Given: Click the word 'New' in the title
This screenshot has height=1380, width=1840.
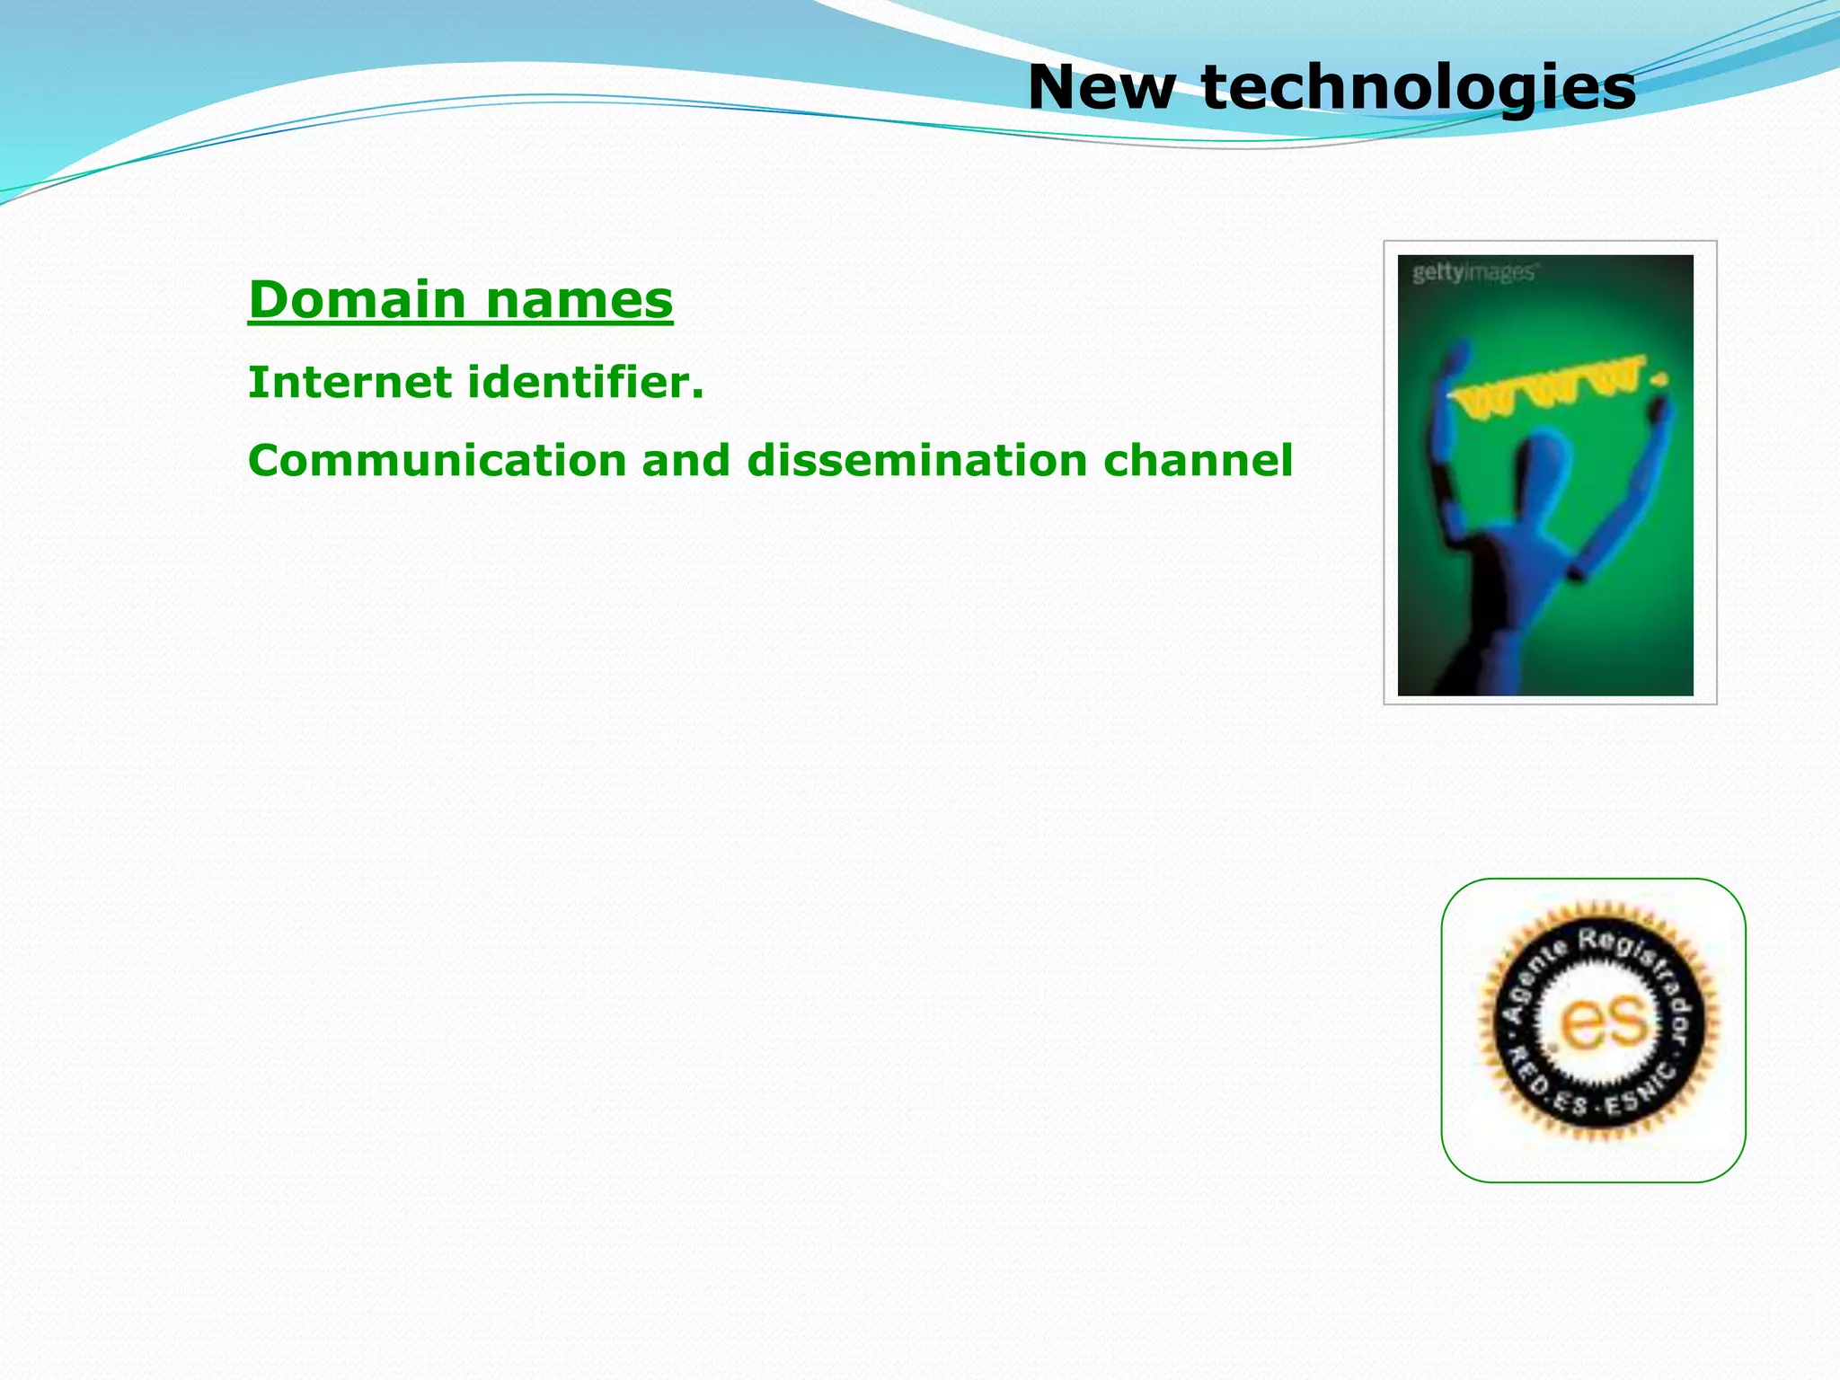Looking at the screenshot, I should (x=1101, y=87).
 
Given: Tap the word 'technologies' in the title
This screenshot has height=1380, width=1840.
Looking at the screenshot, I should (x=1418, y=89).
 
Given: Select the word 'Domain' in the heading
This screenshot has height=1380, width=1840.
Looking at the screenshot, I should (x=357, y=299).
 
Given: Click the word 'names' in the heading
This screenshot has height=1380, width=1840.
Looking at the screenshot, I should (x=579, y=299).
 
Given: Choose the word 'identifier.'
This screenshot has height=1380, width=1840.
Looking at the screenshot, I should (x=586, y=383).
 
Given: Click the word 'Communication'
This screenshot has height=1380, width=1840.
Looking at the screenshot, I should (x=437, y=460).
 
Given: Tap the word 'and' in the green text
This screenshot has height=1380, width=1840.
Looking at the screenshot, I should (x=686, y=460).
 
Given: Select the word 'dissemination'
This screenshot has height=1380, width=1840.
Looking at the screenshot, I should (x=916, y=460).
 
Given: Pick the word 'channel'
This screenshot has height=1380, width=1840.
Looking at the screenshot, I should (x=1198, y=460).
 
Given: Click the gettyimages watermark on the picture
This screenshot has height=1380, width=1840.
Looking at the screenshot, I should (x=1473, y=271).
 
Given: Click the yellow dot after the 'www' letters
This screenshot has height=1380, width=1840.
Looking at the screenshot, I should (x=1659, y=380).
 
